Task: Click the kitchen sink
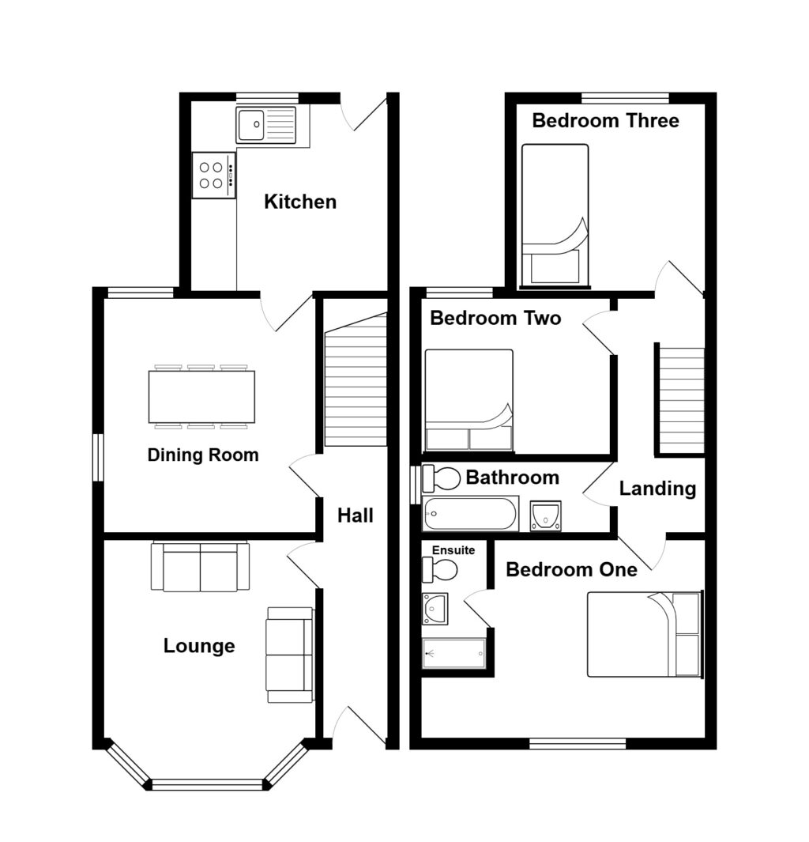265,125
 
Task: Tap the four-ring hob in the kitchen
213,175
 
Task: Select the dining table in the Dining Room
201,396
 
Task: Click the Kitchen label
299,202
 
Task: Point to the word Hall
355,515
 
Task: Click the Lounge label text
199,646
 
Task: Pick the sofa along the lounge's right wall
290,655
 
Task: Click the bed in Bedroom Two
468,400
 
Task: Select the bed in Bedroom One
644,634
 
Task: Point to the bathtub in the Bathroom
469,514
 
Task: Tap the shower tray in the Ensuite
453,653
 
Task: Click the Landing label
657,489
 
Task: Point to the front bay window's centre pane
206,784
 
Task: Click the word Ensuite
453,549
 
